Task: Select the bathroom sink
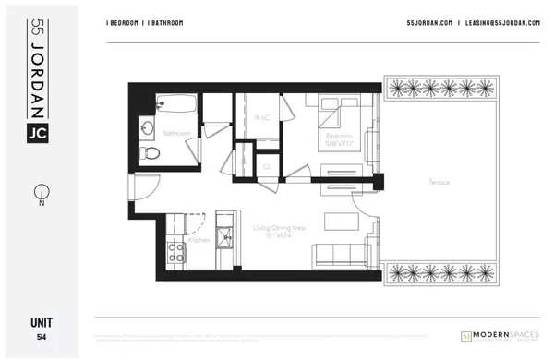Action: [x=149, y=126]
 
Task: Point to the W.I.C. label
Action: [x=260, y=118]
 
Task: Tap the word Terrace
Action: [x=440, y=182]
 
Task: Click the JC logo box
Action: [x=40, y=131]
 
